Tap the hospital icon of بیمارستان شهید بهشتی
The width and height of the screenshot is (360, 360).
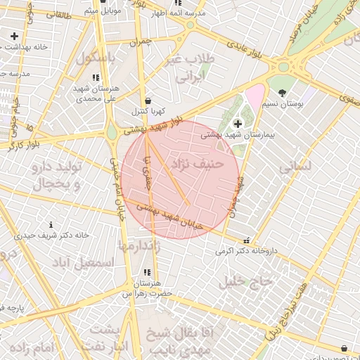pyautogui.click(x=237, y=124)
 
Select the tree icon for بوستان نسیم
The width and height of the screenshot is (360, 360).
pyautogui.click(x=282, y=93)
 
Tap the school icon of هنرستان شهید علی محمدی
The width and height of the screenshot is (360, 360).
pyautogui.click(x=96, y=77)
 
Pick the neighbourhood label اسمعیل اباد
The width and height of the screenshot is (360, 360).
pyautogui.click(x=89, y=262)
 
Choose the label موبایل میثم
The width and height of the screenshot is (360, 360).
pyautogui.click(x=103, y=11)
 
